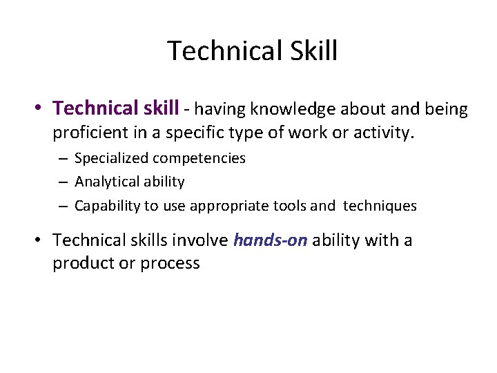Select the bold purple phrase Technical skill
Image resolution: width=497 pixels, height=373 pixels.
(x=116, y=108)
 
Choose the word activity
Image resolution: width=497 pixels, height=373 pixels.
(x=381, y=132)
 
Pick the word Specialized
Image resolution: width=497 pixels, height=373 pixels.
(x=110, y=158)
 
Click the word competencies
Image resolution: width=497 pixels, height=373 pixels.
(x=199, y=158)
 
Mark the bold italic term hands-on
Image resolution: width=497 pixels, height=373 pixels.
(x=270, y=240)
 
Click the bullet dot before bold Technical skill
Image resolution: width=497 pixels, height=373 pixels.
(x=41, y=109)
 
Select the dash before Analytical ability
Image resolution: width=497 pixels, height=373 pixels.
(x=62, y=182)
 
